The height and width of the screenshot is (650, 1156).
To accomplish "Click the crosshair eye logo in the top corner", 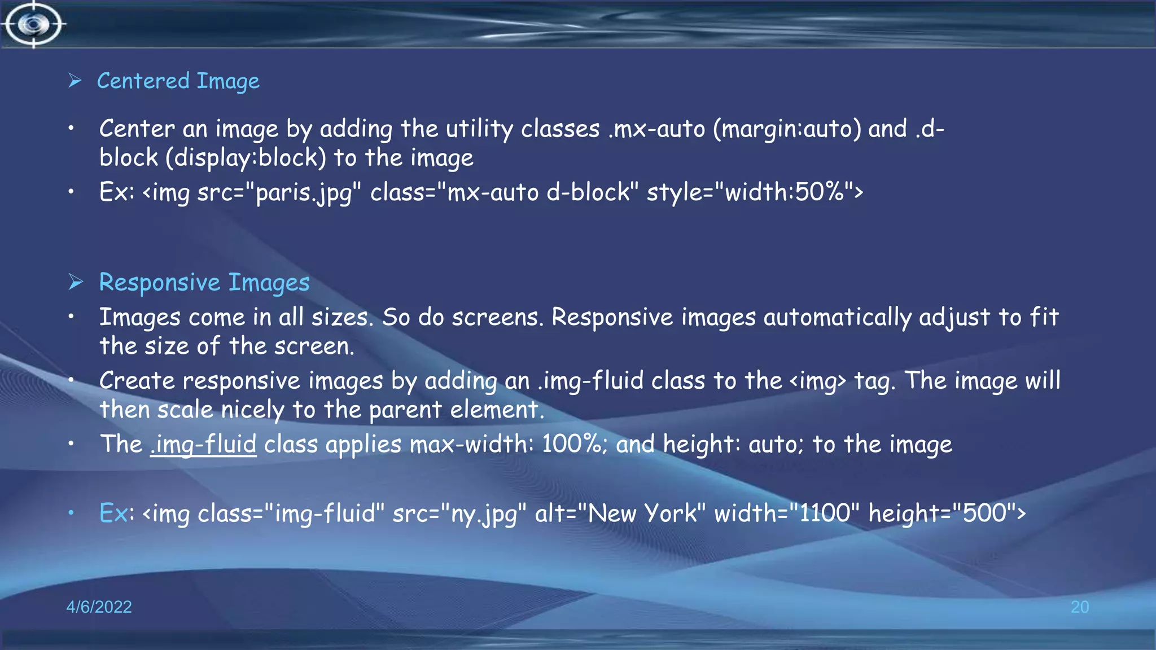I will pos(33,24).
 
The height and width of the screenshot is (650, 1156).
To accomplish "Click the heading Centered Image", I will pos(178,81).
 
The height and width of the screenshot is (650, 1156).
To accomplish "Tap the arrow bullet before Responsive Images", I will pos(76,282).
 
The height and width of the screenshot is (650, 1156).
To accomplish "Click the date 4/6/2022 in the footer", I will pos(99,607).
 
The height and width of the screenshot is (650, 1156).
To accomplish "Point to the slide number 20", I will pos(1079,607).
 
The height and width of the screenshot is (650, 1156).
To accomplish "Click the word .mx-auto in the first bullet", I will pos(657,130).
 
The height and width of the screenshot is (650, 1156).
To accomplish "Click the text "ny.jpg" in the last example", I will pos(483,514).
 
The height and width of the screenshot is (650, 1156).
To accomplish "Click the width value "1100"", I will pos(824,514).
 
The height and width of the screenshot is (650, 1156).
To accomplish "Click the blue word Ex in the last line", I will pos(113,514).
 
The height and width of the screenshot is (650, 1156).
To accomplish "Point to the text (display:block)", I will pos(246,159).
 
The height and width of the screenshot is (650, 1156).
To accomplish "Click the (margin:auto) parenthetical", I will pos(787,130).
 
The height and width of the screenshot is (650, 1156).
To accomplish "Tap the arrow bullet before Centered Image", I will pos(75,81).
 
